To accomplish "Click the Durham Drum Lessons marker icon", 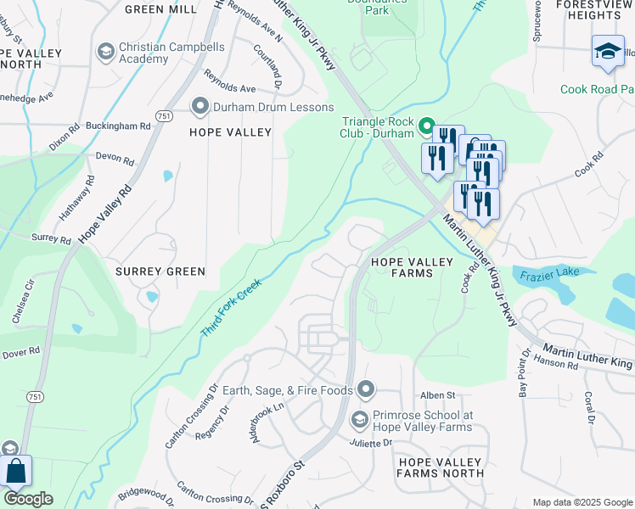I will click(200, 106).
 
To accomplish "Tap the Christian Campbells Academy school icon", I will click(106, 53).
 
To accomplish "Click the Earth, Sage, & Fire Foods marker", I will click(366, 389).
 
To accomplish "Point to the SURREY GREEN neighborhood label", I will click(160, 271).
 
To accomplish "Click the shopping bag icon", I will click(16, 472).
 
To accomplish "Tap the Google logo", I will click(28, 499).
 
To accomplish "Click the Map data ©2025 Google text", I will click(582, 502).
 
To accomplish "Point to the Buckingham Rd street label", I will click(122, 126).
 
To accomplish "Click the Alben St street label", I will click(438, 395).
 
